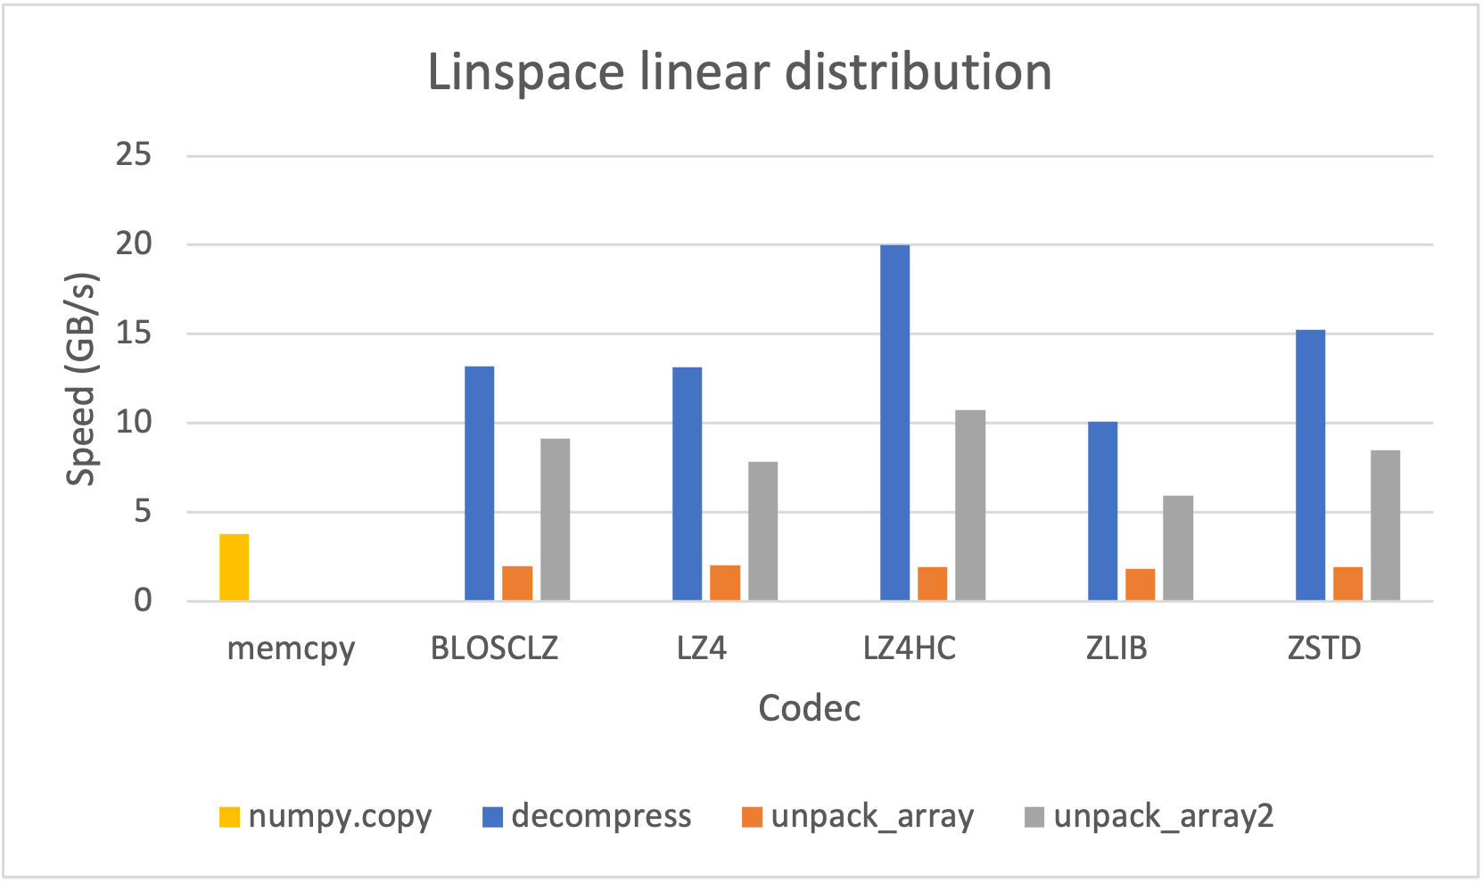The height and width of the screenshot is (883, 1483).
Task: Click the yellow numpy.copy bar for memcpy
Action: pos(235,567)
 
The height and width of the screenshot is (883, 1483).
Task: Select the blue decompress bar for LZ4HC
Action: pos(894,423)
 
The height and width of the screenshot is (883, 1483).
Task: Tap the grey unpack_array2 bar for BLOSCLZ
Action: pos(555,519)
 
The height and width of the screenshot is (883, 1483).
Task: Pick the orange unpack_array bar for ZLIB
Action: pos(1140,584)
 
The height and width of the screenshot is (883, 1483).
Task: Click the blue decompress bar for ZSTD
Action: pos(1310,465)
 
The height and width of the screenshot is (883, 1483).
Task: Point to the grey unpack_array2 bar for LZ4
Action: pos(762,531)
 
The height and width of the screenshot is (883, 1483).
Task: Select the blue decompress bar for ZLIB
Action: pos(1102,511)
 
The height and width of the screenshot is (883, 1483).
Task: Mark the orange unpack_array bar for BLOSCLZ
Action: pos(517,583)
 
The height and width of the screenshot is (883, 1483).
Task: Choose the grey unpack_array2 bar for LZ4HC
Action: pos(970,505)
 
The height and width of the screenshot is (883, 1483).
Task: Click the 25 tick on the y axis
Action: pos(134,155)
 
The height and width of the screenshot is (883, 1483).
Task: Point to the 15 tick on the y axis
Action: pos(134,334)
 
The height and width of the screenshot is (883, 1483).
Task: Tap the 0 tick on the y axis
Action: pos(143,600)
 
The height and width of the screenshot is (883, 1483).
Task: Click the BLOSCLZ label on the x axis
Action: pos(494,648)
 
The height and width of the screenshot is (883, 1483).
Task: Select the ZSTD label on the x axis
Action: pos(1324,648)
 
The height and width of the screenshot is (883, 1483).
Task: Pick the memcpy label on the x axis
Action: pos(291,648)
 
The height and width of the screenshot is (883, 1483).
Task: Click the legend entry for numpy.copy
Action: pos(325,816)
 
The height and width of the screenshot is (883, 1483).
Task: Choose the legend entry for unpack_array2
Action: pos(1149,816)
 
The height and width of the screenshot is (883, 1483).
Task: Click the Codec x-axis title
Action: pos(809,708)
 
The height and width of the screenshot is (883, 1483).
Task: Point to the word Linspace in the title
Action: pos(525,73)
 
